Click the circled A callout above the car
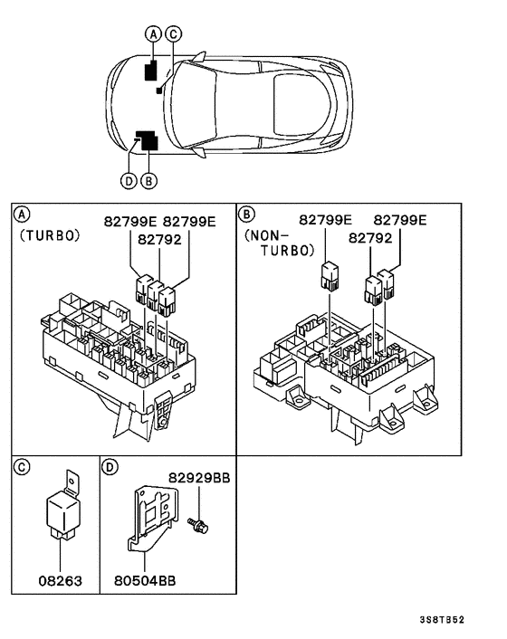click(x=154, y=33)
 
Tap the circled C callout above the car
click(x=174, y=33)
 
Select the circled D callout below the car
click(x=129, y=180)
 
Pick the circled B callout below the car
click(x=149, y=180)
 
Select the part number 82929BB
click(x=198, y=477)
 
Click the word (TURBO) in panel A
click(x=50, y=234)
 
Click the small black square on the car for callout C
click(x=159, y=91)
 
